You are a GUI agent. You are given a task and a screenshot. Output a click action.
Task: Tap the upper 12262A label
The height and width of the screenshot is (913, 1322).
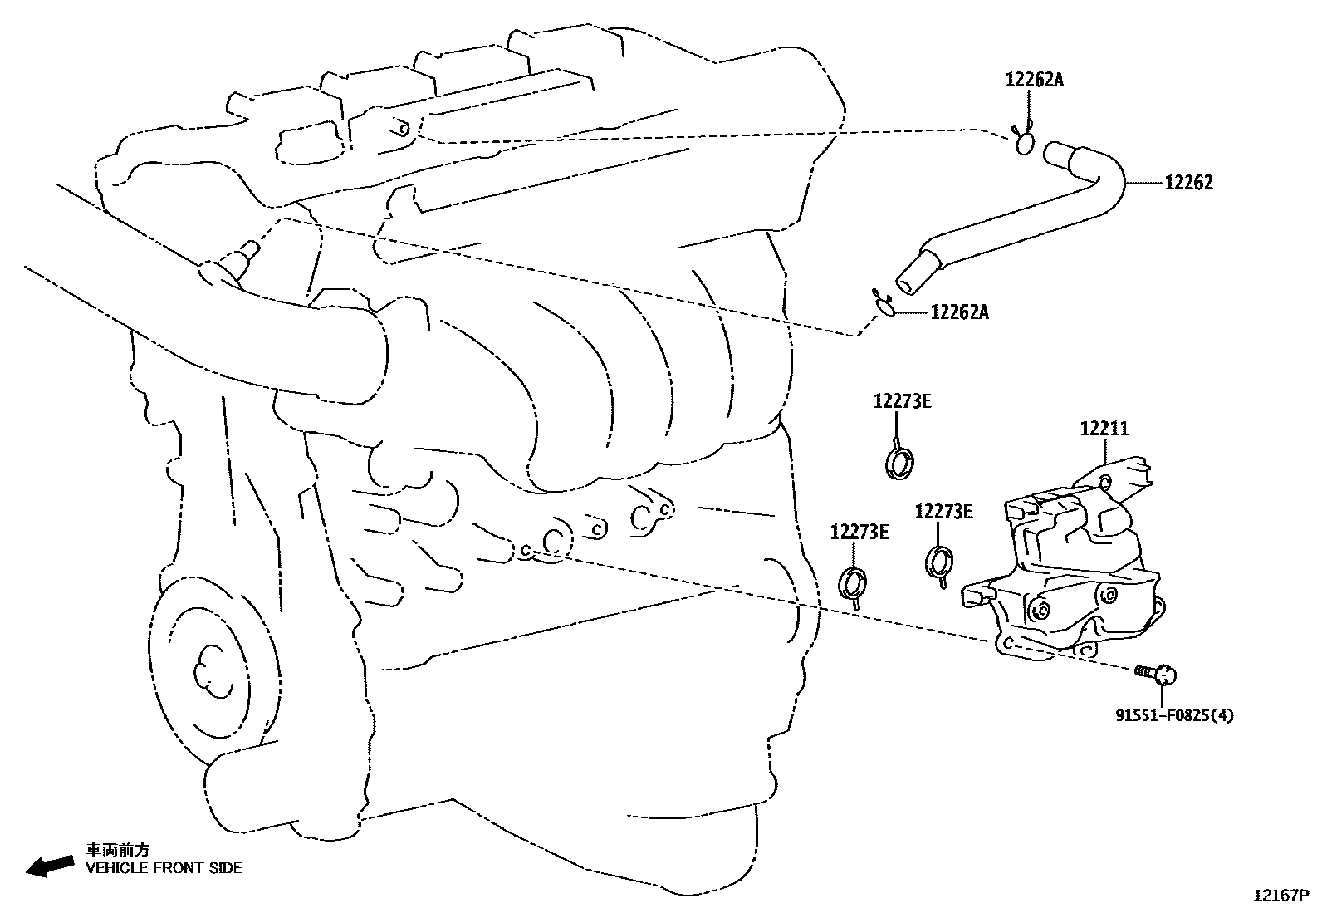(1034, 80)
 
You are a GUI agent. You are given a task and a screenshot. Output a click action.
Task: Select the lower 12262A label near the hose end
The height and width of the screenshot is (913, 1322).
(959, 312)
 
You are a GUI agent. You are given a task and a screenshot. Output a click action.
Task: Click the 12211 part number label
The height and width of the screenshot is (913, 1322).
(1104, 429)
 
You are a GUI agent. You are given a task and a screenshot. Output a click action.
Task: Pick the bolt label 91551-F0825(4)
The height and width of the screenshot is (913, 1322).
(1173, 714)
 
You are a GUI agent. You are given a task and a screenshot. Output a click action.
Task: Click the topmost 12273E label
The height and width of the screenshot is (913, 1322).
(902, 401)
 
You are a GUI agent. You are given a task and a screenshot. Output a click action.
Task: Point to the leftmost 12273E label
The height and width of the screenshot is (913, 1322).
(859, 532)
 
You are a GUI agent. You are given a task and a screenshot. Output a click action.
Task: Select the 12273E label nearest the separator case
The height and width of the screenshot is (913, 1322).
(943, 512)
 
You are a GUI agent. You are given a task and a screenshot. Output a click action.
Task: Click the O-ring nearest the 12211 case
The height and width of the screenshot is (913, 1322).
(939, 562)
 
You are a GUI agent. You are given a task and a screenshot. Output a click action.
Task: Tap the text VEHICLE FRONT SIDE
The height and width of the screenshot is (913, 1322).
(164, 868)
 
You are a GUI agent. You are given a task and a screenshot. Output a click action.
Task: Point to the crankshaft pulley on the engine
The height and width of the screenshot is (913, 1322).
(208, 665)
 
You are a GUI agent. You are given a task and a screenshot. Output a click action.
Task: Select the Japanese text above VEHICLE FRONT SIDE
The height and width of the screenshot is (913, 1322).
(119, 850)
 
